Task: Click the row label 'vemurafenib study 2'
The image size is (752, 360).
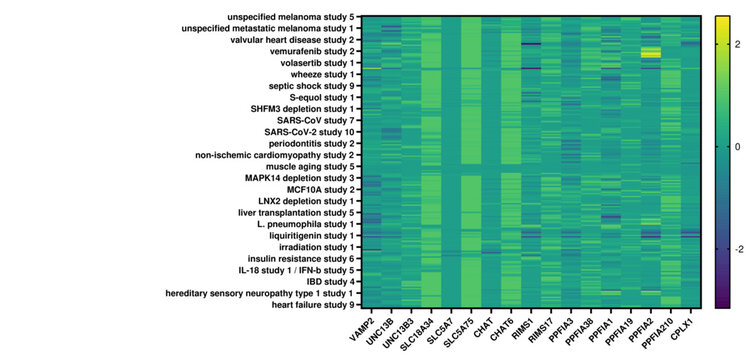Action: (x=305, y=51)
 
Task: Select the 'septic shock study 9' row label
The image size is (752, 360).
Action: (x=304, y=86)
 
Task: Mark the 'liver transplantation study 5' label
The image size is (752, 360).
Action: (x=290, y=212)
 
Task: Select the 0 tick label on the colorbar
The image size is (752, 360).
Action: (x=736, y=146)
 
